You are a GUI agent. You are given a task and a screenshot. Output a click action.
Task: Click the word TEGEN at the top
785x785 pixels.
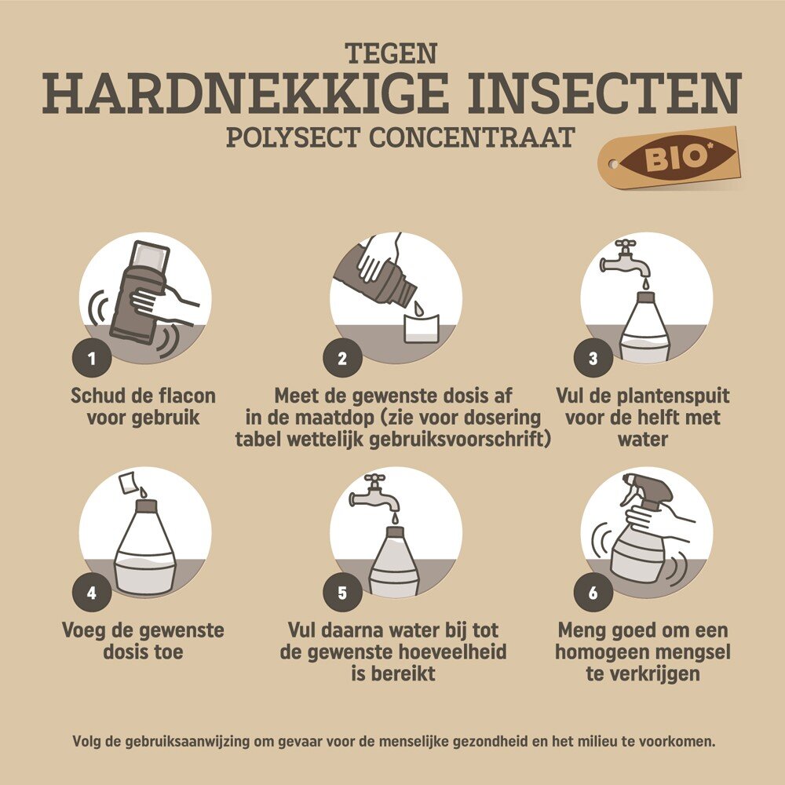coord(392,53)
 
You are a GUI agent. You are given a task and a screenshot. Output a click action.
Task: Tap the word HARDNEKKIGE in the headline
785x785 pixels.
coord(246,93)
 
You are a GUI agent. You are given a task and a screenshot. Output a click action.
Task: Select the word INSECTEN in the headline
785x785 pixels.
coord(604,93)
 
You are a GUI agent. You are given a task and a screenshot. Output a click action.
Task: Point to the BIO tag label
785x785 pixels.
coord(670,157)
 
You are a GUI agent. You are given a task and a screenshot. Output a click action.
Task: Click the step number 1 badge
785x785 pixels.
coord(92,358)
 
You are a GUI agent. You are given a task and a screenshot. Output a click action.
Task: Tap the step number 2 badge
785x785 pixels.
coord(342,358)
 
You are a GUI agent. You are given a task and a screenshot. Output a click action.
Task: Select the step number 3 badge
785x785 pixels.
coord(593,358)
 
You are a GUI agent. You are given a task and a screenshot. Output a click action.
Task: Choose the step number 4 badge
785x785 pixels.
coord(92,593)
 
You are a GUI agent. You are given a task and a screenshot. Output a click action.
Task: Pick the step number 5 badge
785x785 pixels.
coord(342,593)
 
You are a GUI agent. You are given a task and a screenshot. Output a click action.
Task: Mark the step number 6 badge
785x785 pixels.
coord(593,593)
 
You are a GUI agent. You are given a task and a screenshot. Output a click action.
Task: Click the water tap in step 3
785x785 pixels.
coord(626,260)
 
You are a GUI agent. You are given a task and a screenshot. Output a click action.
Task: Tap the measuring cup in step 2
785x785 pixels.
coord(422,329)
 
